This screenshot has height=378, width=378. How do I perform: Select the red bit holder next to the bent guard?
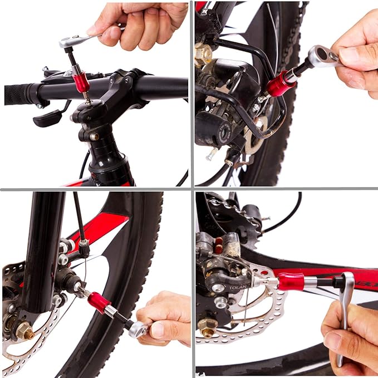(x=279, y=84)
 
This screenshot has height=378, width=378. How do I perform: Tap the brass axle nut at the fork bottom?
(x=24, y=332)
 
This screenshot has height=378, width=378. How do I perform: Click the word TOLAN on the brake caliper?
(x=237, y=288)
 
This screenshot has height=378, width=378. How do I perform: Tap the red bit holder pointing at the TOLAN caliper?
(x=291, y=282)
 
